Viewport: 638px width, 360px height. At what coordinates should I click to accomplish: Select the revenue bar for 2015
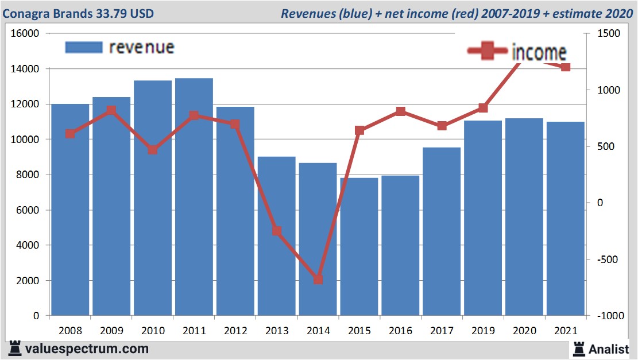359,247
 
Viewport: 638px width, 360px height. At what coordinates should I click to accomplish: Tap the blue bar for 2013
276,236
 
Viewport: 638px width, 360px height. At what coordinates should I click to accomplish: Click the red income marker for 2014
318,280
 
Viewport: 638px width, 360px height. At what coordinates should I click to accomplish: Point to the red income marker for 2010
153,150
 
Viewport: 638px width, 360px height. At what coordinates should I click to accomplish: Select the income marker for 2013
277,231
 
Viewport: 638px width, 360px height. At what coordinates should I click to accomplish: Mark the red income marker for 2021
566,67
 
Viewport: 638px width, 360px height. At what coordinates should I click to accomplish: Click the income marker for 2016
401,111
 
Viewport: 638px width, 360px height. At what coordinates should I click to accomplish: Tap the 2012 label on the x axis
235,331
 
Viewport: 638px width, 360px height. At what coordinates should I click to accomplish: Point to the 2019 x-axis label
483,331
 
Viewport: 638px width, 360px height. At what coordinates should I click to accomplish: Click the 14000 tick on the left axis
25,69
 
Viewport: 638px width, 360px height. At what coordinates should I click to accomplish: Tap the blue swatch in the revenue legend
84,47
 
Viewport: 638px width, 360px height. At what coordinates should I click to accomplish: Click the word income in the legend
539,53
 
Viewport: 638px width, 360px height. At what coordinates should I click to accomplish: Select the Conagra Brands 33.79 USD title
79,13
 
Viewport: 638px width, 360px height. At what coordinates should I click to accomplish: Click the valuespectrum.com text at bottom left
87,349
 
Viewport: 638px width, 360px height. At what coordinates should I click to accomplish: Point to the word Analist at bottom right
609,349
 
